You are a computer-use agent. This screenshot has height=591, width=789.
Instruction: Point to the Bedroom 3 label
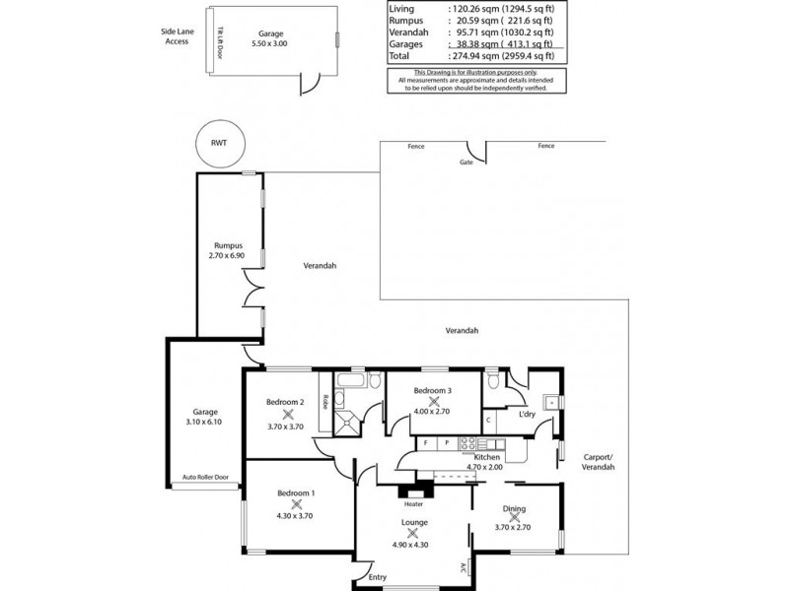pyautogui.click(x=433, y=390)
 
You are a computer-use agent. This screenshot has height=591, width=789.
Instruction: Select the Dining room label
pyautogui.click(x=514, y=509)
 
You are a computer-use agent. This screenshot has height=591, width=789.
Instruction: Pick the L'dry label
pyautogui.click(x=526, y=415)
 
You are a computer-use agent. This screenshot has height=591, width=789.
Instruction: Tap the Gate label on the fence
pyautogui.click(x=466, y=163)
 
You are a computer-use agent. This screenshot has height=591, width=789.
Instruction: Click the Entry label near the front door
pyautogui.click(x=378, y=577)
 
